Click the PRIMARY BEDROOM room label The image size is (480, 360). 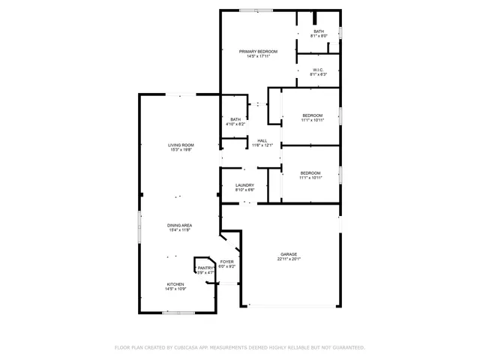(258, 51)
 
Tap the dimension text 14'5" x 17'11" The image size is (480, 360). (258, 56)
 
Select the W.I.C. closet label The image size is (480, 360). (319, 69)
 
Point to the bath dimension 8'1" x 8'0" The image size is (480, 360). (319, 36)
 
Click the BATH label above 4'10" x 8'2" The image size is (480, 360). (235, 119)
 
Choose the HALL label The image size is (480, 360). (262, 140)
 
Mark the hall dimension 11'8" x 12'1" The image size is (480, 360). (262, 145)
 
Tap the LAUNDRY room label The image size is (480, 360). (244, 185)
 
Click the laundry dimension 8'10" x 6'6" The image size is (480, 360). (244, 190)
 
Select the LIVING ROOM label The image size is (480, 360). (181, 145)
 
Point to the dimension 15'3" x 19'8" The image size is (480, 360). (181, 150)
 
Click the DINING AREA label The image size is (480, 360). (180, 225)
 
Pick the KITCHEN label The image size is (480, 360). (175, 284)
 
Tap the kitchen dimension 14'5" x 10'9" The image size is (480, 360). (175, 289)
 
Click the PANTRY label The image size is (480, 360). (205, 268)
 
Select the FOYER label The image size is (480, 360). (226, 261)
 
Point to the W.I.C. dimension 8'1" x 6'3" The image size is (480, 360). (319, 74)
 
